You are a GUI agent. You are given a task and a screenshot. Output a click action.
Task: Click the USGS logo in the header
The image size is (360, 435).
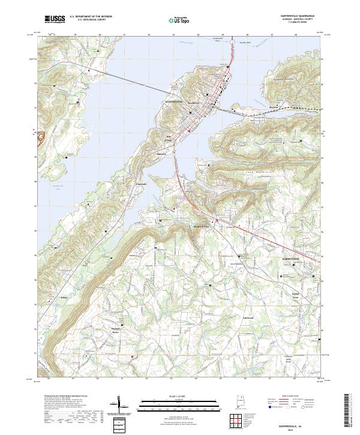pos(54,20)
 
